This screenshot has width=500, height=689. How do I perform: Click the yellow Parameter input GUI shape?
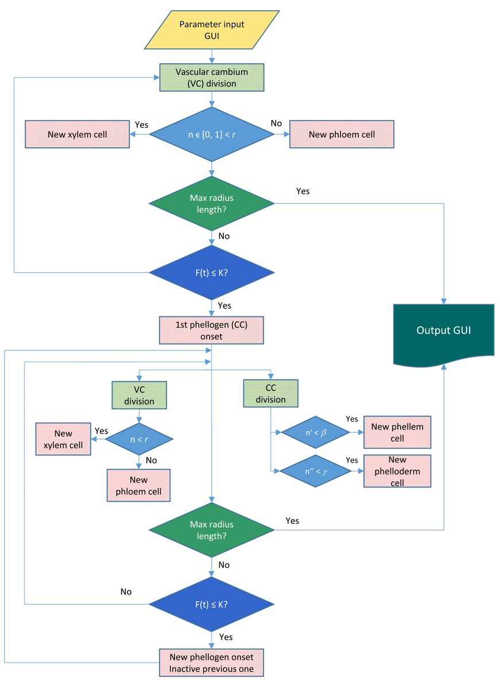tap(212, 30)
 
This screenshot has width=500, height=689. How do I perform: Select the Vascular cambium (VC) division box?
tap(212, 77)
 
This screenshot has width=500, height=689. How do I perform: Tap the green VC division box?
tap(139, 394)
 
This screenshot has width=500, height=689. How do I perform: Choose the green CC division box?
tap(270, 394)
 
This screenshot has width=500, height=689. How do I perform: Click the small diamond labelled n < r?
tap(139, 439)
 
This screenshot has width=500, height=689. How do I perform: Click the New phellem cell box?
tap(397, 432)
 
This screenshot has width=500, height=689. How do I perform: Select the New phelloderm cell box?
tap(397, 471)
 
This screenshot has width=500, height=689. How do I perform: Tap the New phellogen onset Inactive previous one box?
tap(212, 662)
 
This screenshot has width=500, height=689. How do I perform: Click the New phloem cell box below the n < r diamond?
tap(139, 486)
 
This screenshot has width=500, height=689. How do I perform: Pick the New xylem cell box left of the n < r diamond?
tap(63, 439)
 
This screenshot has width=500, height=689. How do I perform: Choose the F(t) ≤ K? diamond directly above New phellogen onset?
tap(212, 604)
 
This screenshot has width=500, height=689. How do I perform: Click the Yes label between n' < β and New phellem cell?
tap(352, 420)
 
